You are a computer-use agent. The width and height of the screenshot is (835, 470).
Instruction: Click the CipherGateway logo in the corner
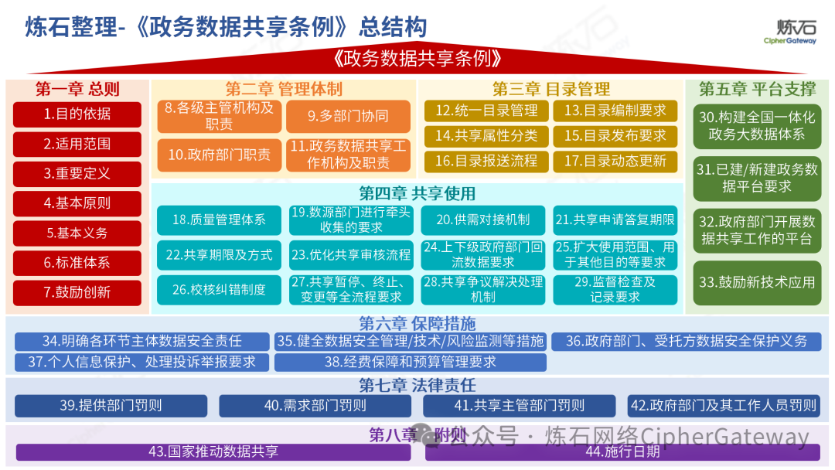(x=789, y=31)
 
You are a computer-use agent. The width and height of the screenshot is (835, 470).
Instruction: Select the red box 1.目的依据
(x=77, y=114)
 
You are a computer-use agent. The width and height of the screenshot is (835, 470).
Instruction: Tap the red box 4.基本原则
(x=77, y=203)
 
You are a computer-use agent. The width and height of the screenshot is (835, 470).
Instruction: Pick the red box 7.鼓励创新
(x=77, y=292)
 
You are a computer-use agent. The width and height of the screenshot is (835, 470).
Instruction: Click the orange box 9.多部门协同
(x=348, y=117)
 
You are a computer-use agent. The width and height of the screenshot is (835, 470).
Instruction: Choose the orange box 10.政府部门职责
(x=220, y=155)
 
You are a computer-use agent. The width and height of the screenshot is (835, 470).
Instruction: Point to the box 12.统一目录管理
(x=486, y=111)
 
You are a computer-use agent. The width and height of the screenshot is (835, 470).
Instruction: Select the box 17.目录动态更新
(x=615, y=161)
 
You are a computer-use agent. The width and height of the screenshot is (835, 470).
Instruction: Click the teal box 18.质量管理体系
(x=219, y=220)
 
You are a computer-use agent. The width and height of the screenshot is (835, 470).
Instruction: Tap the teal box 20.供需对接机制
(x=483, y=220)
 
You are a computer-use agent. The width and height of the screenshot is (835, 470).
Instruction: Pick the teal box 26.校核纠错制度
(x=219, y=289)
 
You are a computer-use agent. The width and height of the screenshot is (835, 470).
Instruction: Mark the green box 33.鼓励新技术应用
(x=757, y=282)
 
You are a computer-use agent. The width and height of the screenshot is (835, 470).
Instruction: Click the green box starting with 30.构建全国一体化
(x=757, y=126)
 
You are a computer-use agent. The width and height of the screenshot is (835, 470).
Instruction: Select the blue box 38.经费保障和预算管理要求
(x=410, y=362)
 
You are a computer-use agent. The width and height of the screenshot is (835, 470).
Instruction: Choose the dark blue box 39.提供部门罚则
(x=111, y=406)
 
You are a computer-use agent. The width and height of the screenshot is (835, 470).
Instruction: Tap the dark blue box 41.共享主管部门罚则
(x=519, y=406)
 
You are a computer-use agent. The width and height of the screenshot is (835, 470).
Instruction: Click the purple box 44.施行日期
(x=622, y=451)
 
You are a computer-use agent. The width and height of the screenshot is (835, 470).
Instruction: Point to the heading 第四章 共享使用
(x=417, y=193)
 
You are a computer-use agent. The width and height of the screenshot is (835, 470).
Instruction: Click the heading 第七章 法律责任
(x=417, y=385)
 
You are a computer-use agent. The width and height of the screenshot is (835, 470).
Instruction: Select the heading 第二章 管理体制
(x=284, y=89)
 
